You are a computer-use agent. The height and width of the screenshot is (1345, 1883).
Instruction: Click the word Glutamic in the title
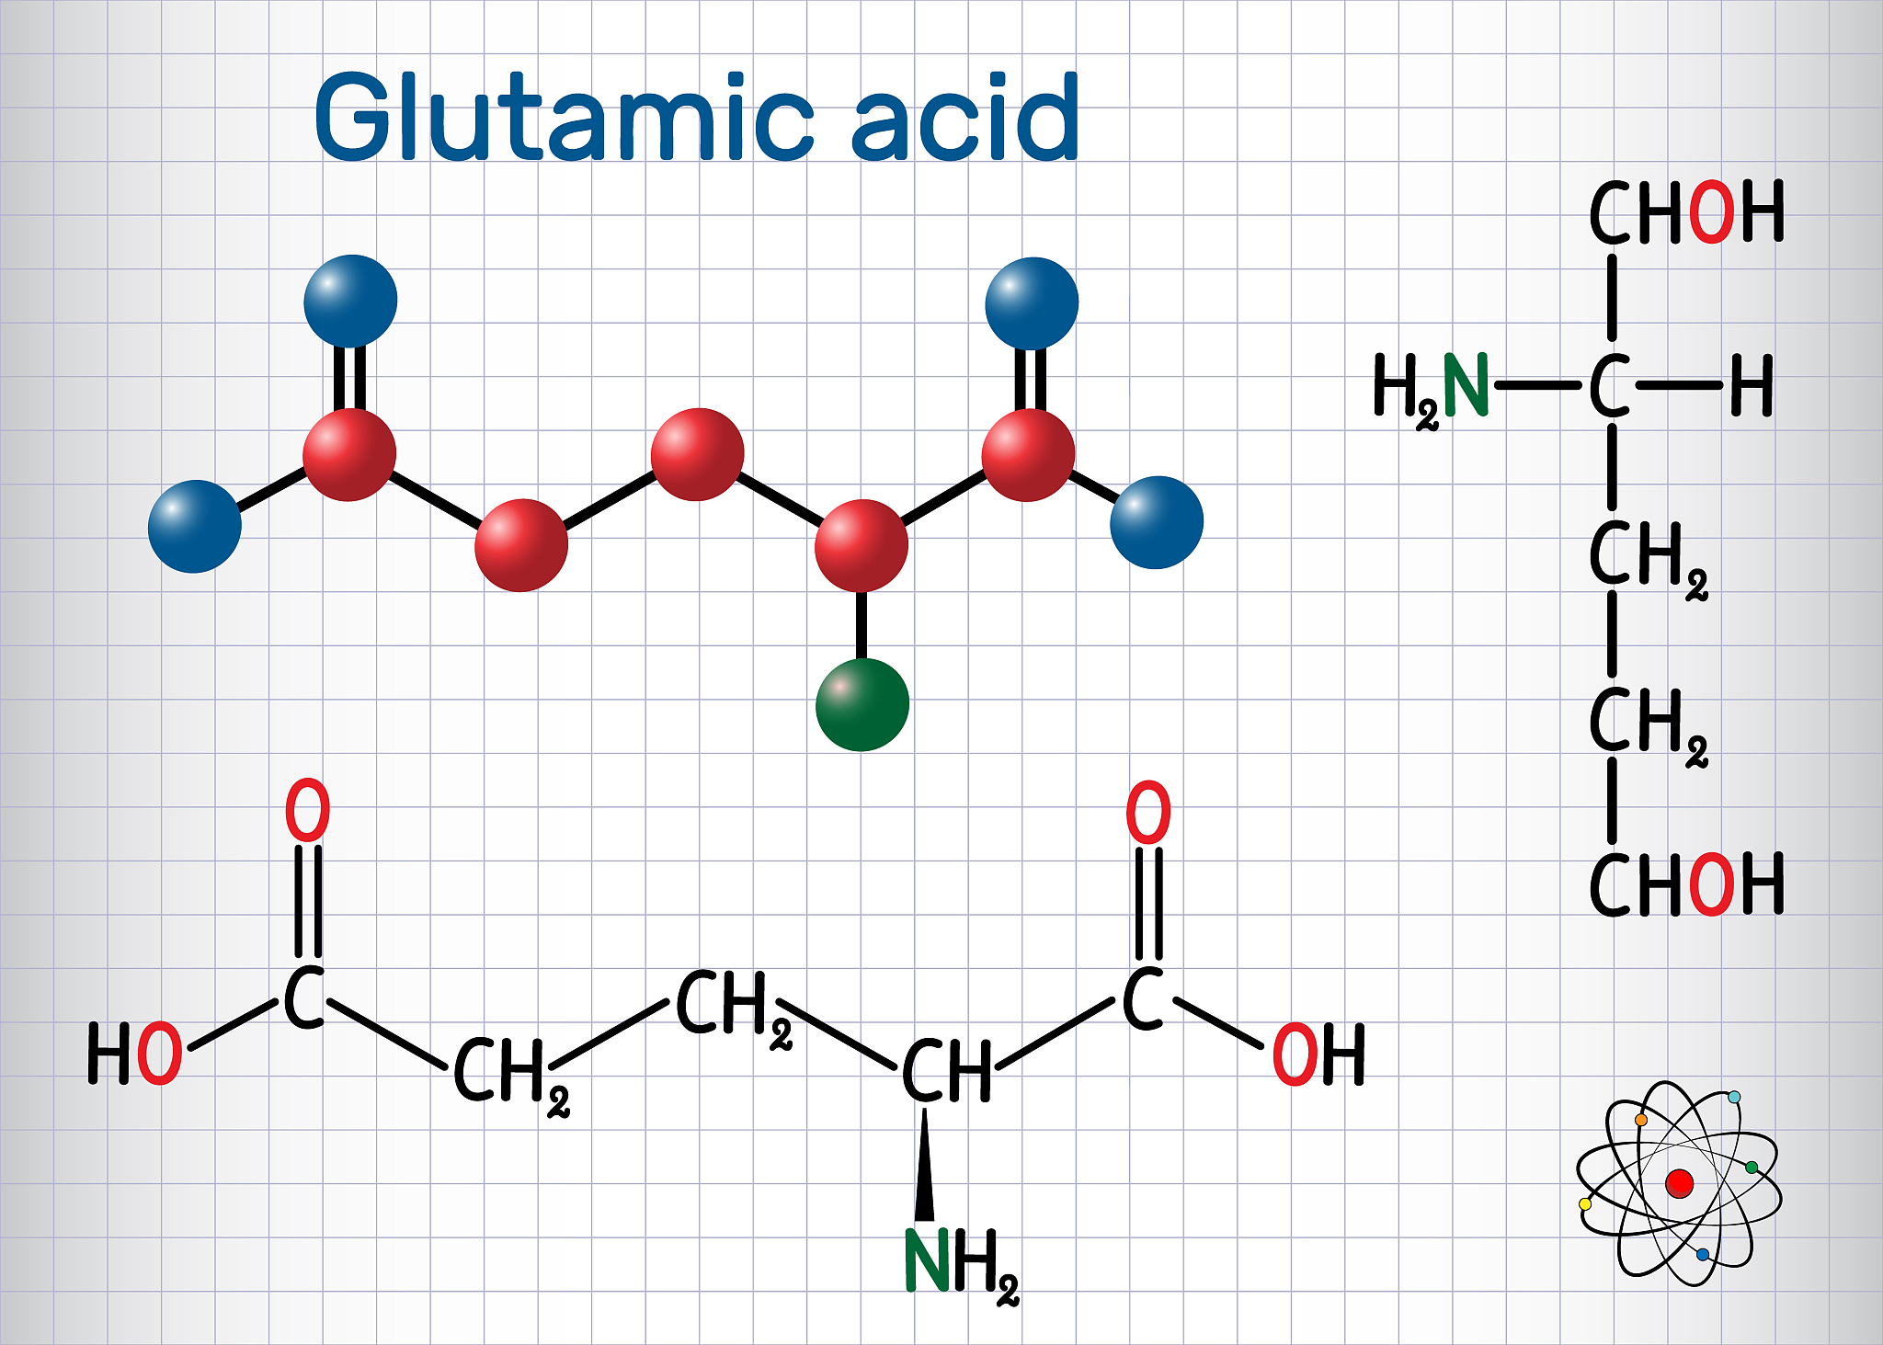pos(565,116)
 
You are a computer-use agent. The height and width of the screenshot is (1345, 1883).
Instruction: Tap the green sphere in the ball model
pos(862,704)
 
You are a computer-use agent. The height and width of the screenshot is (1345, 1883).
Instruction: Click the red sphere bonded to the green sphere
pos(862,545)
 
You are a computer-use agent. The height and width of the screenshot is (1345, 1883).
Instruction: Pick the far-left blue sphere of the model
pos(195,526)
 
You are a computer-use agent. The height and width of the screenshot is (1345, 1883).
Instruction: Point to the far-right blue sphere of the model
pos(1157,522)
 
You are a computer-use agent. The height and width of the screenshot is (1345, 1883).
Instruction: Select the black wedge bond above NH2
pos(924,1165)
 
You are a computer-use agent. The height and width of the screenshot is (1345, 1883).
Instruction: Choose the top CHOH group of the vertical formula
pos(1687,212)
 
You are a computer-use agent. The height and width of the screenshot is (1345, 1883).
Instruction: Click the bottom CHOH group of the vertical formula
pos(1687,883)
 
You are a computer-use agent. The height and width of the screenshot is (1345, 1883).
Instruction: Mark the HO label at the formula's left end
pos(134,1054)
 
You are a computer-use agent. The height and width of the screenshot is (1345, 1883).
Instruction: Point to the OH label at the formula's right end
pos(1318,1054)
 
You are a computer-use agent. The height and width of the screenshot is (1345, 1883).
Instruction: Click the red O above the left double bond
pos(307,810)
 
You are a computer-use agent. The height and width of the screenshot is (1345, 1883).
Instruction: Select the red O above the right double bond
pos(1148,812)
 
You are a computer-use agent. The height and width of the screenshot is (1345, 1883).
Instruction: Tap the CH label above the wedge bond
pos(947,1071)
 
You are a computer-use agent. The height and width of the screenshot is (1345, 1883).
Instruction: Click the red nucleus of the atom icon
pos(1679,1183)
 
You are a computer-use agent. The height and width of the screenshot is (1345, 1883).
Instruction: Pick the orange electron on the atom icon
pos(1641,1120)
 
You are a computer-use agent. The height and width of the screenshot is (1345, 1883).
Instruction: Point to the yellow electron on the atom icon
pos(1584,1203)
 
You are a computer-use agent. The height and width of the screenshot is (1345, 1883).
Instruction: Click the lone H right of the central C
pos(1752,386)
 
